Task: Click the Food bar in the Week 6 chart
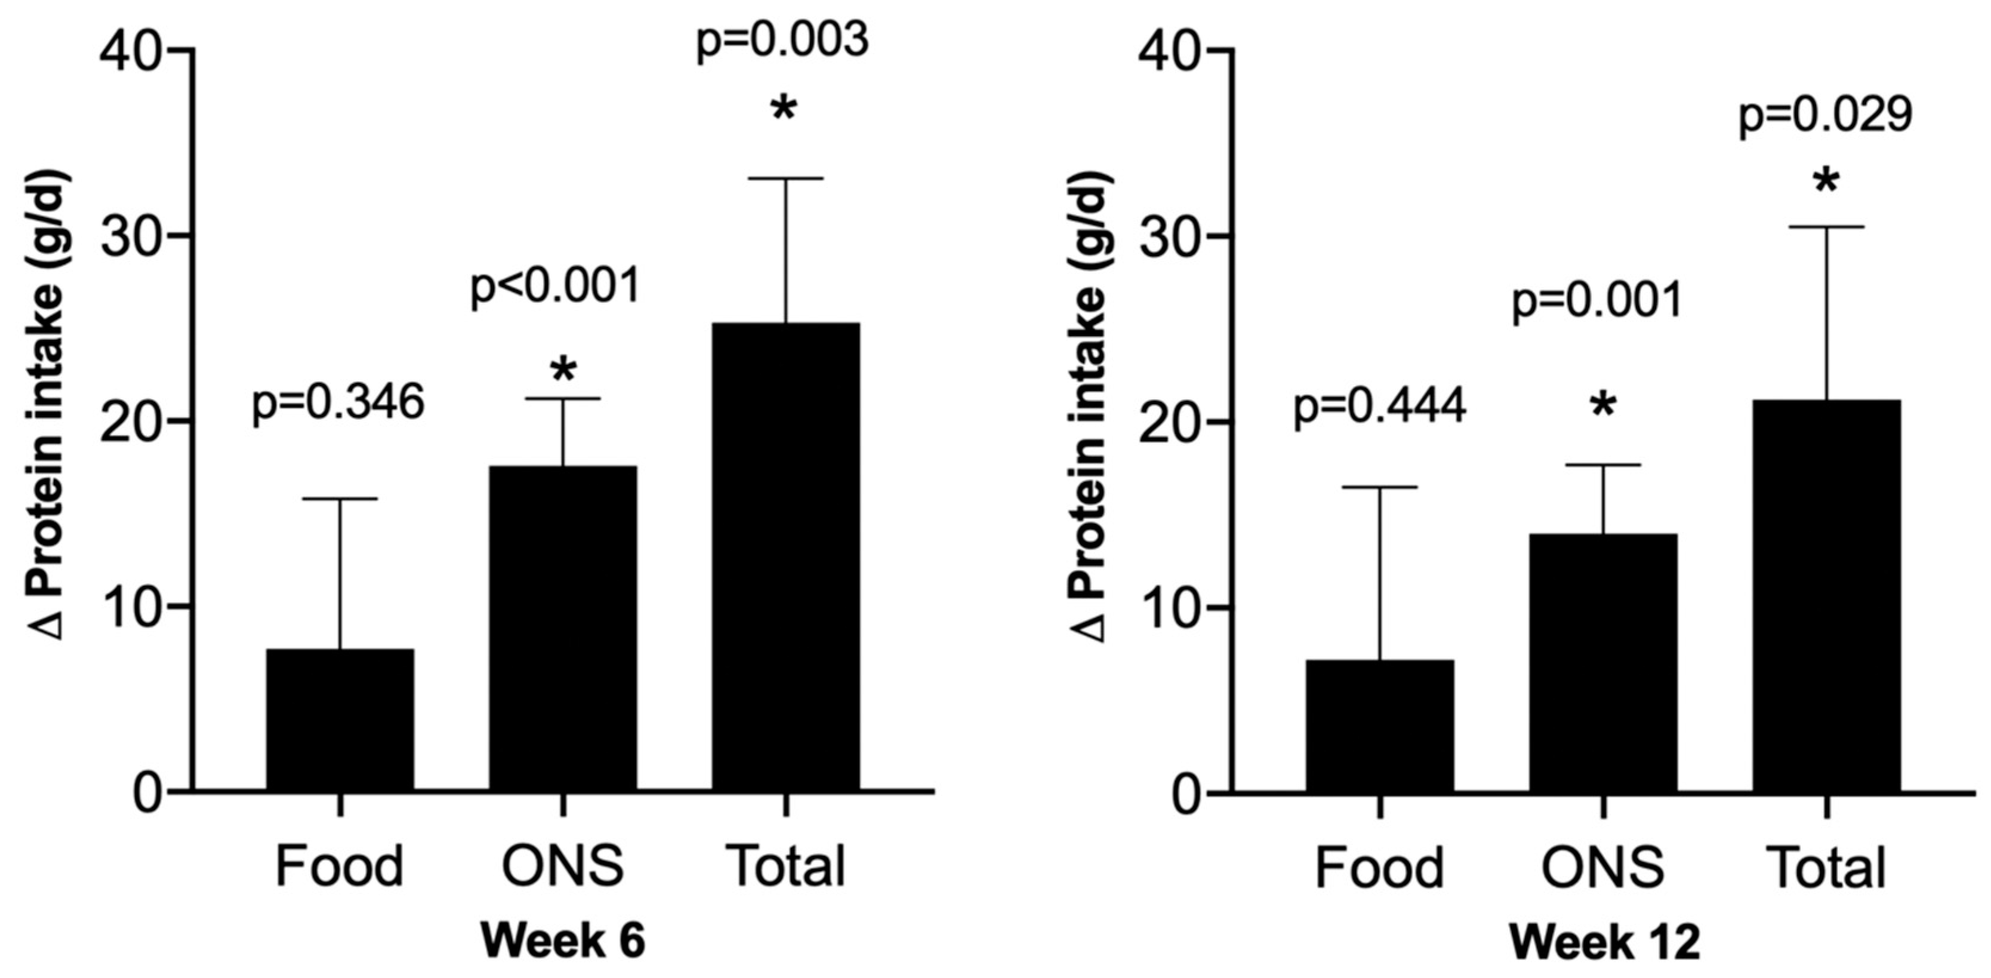[340, 719]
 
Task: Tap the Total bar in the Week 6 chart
[785, 556]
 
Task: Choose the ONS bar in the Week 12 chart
[1603, 662]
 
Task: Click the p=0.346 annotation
[338, 404]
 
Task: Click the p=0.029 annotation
[1826, 116]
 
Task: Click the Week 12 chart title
[1604, 944]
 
